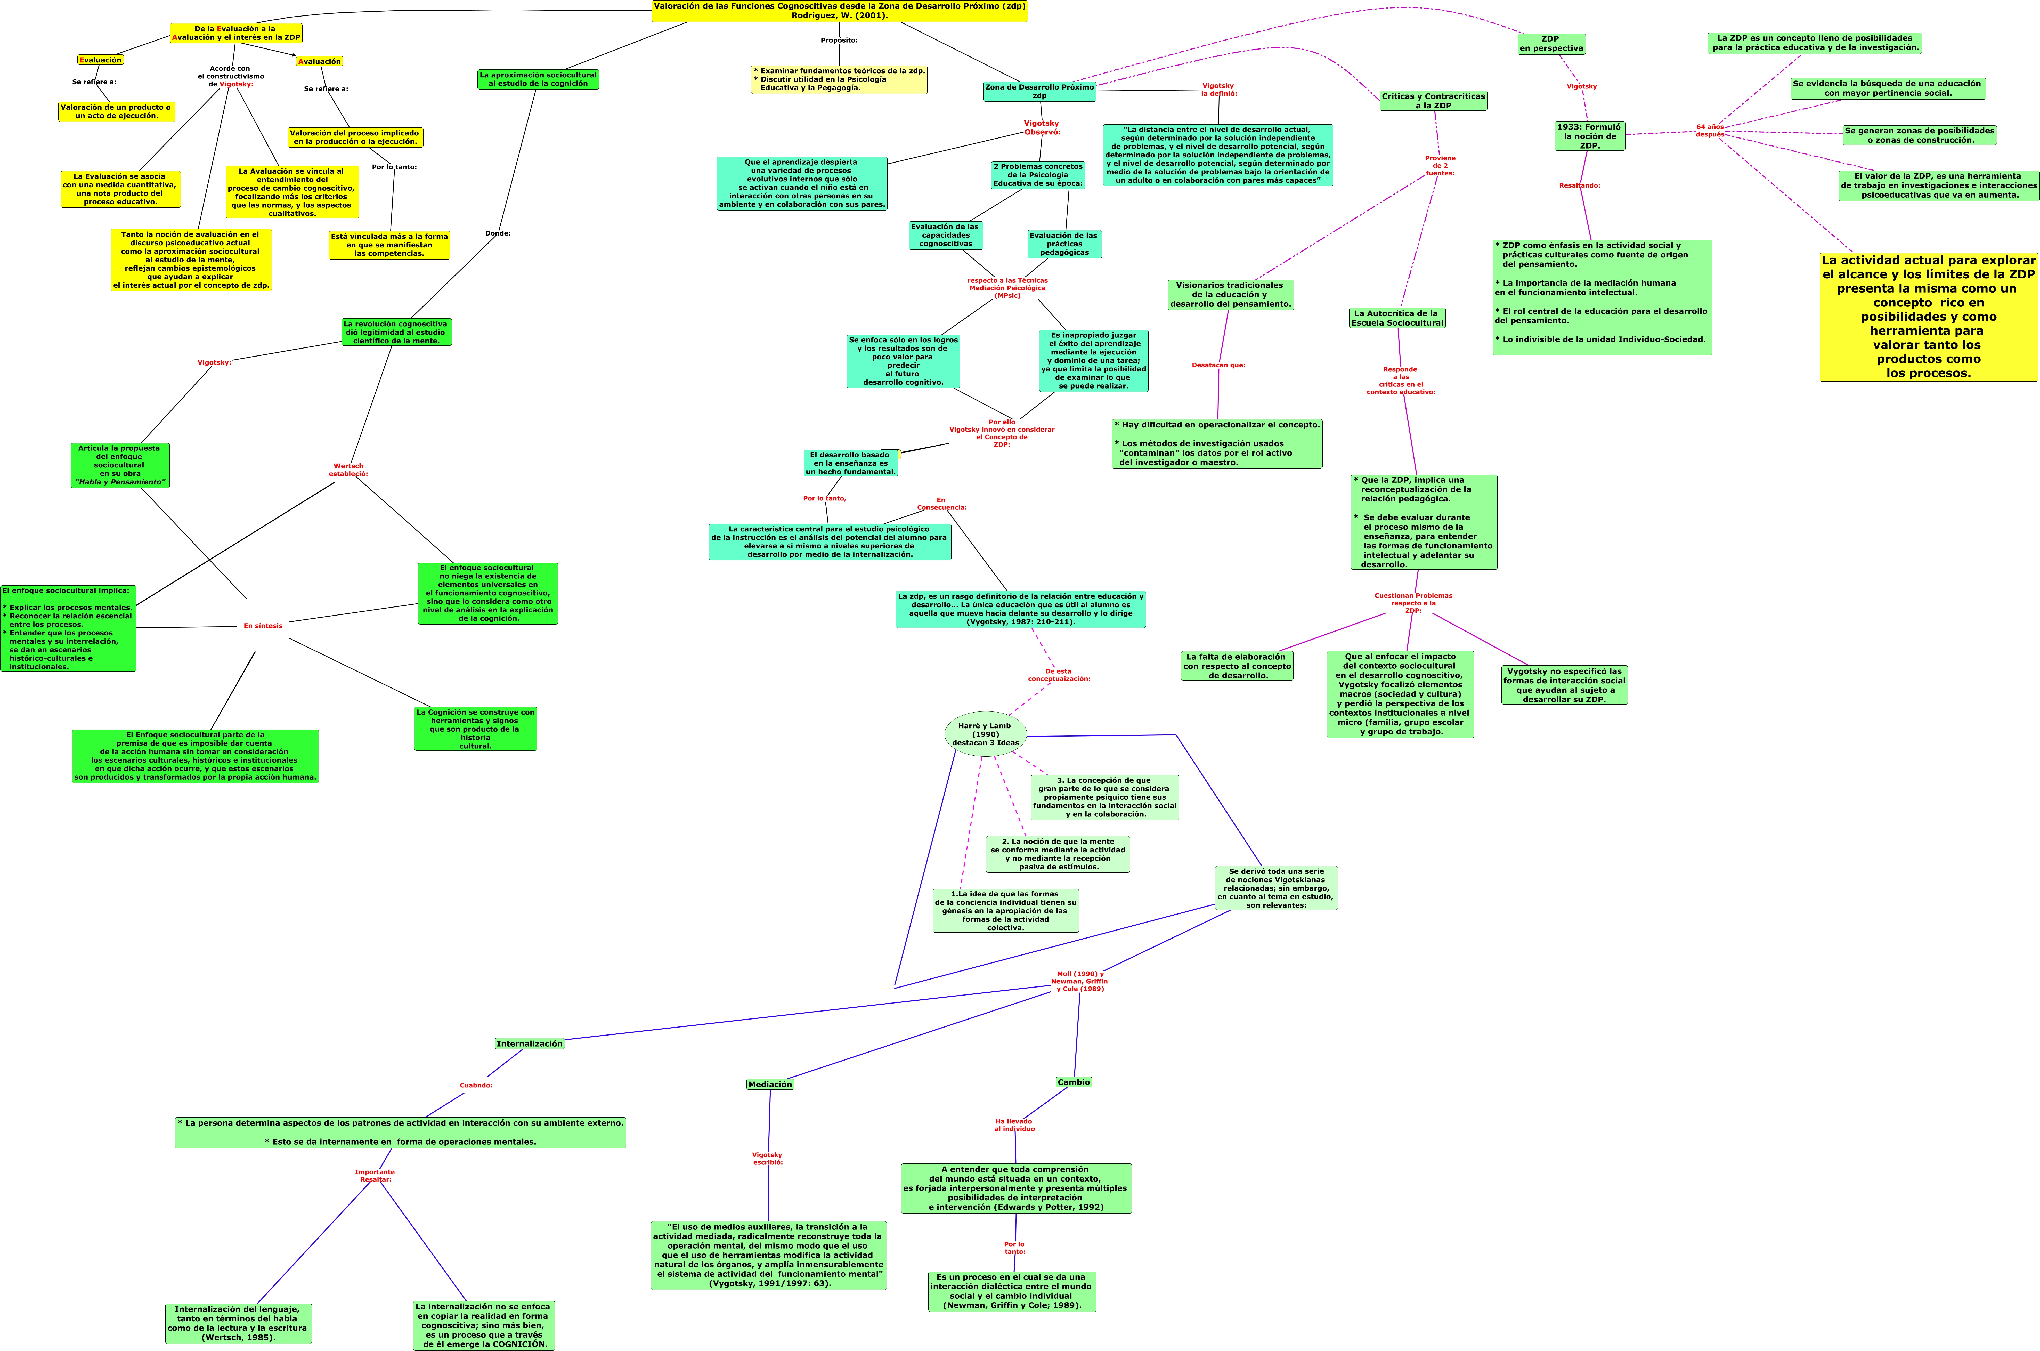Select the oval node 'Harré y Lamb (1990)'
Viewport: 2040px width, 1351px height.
(x=986, y=734)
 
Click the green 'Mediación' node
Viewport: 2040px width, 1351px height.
(x=770, y=1084)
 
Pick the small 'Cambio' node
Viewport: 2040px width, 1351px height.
(x=1074, y=1082)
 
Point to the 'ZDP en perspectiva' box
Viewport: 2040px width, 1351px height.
(x=1551, y=44)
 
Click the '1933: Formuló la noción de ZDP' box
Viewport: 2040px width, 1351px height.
(x=1589, y=136)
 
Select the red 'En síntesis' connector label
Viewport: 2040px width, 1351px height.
(x=263, y=626)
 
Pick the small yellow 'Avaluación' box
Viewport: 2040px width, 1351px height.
(x=320, y=61)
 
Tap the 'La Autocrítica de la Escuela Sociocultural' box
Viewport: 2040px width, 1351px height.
(x=1396, y=318)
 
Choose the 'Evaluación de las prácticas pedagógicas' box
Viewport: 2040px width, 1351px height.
(x=1064, y=244)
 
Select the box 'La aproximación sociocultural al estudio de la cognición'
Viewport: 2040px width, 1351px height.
(x=538, y=79)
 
